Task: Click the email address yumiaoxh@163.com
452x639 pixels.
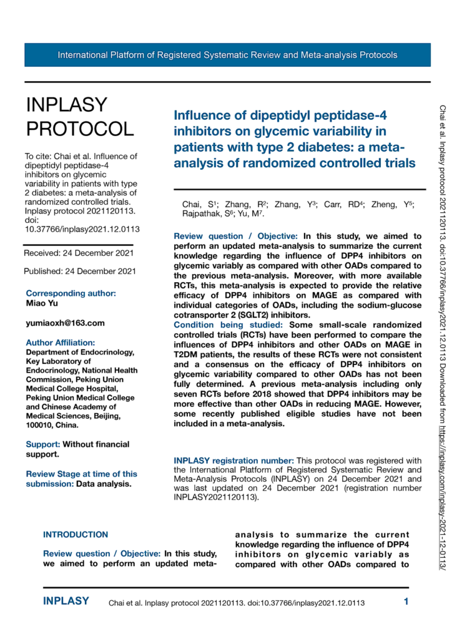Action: click(x=64, y=323)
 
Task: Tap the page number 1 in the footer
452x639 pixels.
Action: click(x=406, y=602)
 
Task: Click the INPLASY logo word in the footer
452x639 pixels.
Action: click(x=66, y=602)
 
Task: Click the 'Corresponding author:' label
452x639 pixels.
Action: click(x=71, y=293)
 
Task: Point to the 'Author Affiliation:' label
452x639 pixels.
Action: click(x=61, y=342)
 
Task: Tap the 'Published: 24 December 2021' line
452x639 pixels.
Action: click(x=80, y=271)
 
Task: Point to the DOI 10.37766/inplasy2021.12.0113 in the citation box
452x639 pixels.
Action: click(x=82, y=229)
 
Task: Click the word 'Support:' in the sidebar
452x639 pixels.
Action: click(x=42, y=444)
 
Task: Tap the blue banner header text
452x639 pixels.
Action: click(x=227, y=55)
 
